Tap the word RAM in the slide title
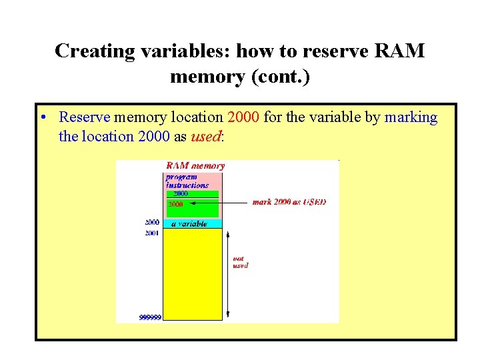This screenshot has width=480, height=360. coord(399,51)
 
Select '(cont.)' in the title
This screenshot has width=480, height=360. coord(279,77)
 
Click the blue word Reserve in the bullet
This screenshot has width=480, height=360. coord(85,118)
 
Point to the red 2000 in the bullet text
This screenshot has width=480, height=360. coord(243,118)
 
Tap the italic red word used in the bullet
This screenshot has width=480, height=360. coord(205,137)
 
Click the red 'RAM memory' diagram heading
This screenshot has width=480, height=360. coord(195,165)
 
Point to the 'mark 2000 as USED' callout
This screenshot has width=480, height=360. coord(289,202)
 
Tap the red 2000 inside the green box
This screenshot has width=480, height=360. coord(176,204)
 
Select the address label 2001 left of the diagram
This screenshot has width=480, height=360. coord(152,233)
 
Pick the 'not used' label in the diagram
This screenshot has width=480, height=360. coord(240,262)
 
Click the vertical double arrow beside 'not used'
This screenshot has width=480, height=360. coord(228,273)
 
